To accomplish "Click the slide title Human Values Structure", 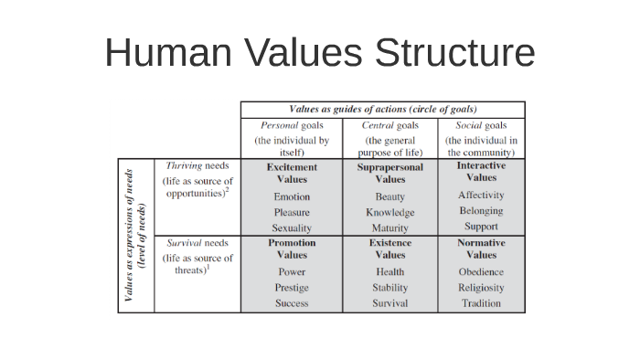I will point(319,52).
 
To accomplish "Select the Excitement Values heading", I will point(292,173).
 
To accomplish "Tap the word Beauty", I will point(390,196).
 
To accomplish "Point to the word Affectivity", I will point(481,196).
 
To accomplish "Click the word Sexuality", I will point(292,228).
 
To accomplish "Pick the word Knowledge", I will point(390,212).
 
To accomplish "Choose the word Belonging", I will point(481,211).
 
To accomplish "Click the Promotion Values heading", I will point(292,249).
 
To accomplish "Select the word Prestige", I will point(292,287).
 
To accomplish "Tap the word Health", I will point(390,272).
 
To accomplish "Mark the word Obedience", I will point(481,272).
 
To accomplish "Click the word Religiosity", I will point(481,288).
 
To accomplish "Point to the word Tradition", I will point(481,303).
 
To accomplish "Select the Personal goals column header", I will point(292,125).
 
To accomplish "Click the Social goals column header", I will point(481,125).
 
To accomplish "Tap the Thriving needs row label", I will point(197,166).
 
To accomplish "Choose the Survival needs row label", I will point(197,243).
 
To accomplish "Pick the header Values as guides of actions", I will point(383,109).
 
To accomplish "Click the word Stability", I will point(390,288).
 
